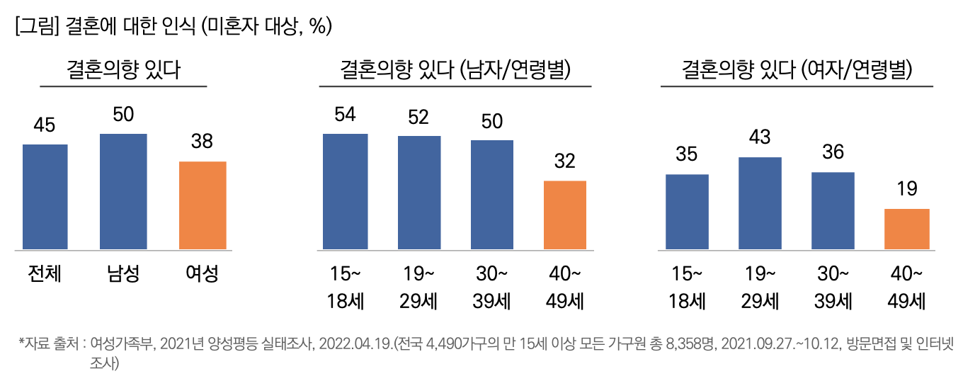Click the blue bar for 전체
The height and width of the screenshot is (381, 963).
pyautogui.click(x=45, y=197)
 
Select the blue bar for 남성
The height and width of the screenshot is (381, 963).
pyautogui.click(x=123, y=191)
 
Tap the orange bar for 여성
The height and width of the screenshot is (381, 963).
pyautogui.click(x=203, y=205)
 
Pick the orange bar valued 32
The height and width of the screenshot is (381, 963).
pyautogui.click(x=564, y=215)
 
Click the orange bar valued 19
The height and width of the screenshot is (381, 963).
pyautogui.click(x=907, y=229)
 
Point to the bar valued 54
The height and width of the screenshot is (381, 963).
pyautogui.click(x=345, y=191)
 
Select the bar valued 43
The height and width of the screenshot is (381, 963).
pyautogui.click(x=760, y=203)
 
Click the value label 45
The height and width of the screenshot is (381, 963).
pyautogui.click(x=45, y=125)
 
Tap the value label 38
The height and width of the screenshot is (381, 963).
pyautogui.click(x=203, y=142)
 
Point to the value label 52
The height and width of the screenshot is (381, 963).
pyautogui.click(x=418, y=117)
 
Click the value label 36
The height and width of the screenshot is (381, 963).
pyautogui.click(x=833, y=152)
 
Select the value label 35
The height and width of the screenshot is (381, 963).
pyautogui.click(x=687, y=154)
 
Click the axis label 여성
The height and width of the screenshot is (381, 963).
pyautogui.click(x=202, y=274)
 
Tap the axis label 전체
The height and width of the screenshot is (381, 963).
pyautogui.click(x=45, y=274)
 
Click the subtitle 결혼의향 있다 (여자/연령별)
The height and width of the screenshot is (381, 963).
pyautogui.click(x=797, y=70)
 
